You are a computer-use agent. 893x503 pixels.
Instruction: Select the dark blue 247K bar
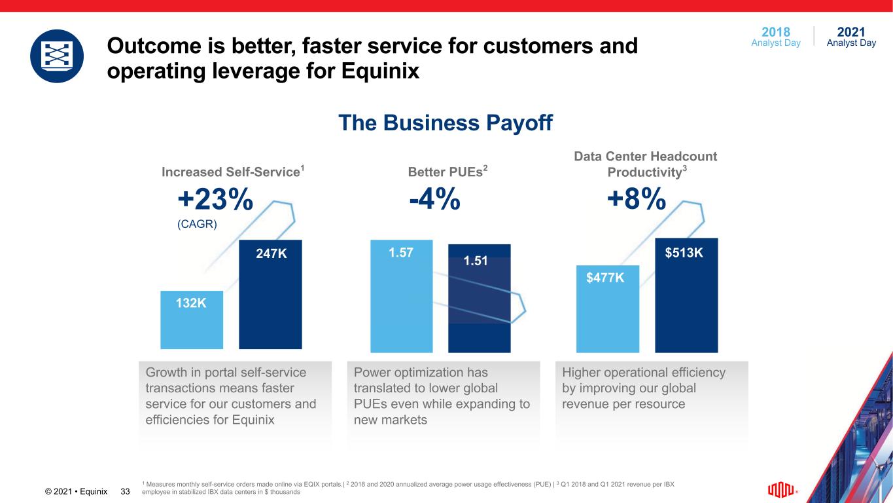tap(270, 295)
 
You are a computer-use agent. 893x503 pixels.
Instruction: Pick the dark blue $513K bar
tap(686, 295)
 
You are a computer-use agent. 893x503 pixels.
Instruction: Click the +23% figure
tap(215, 200)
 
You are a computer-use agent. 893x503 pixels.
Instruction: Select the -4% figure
tap(434, 200)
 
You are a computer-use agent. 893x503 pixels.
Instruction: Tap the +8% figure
tap(637, 200)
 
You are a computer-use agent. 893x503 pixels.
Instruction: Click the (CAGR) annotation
tap(197, 223)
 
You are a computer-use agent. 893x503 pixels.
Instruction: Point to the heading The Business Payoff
tap(446, 122)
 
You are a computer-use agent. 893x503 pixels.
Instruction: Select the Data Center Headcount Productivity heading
tap(645, 164)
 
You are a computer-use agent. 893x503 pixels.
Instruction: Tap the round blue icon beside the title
tap(57, 56)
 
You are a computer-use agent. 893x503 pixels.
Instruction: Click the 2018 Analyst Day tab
tap(776, 37)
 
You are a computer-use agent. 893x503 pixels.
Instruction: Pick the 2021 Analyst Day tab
tap(851, 37)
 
